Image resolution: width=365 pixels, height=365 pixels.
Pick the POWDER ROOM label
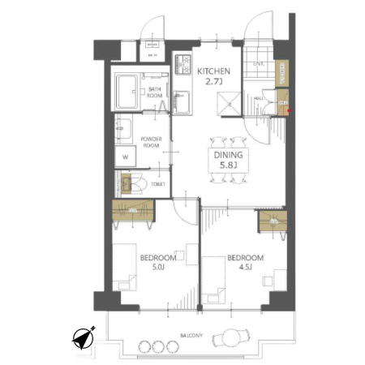pos(152,141)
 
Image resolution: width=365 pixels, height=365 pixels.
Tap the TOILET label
pos(159,184)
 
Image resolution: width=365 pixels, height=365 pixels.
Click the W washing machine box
pos(126,157)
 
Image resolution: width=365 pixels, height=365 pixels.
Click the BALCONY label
pos(192,334)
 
